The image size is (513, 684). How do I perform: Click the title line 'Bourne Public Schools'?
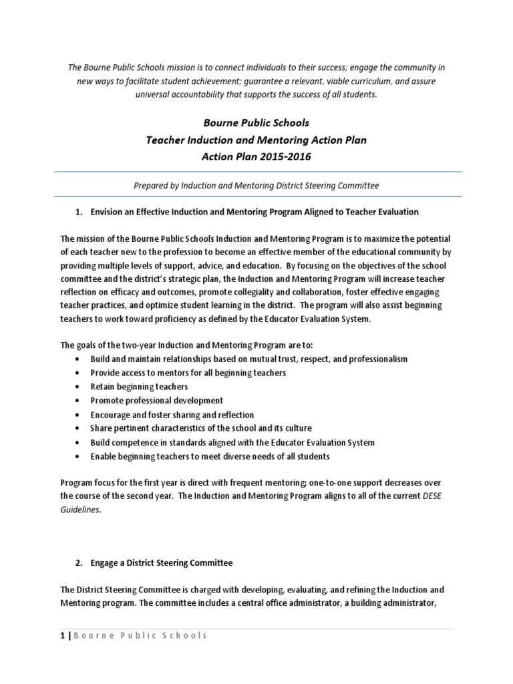pyautogui.click(x=256, y=124)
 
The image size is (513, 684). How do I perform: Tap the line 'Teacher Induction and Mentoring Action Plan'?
pyautogui.click(x=256, y=140)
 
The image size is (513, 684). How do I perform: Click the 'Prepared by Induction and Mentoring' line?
pyautogui.click(x=256, y=184)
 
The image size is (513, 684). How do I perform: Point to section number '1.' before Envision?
pyautogui.click(x=78, y=212)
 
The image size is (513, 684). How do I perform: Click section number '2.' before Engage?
pyautogui.click(x=78, y=563)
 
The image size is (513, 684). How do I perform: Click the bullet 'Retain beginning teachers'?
pyautogui.click(x=139, y=387)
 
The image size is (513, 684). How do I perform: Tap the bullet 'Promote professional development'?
pyautogui.click(x=157, y=401)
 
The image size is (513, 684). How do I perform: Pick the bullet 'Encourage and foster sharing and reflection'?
pyautogui.click(x=172, y=415)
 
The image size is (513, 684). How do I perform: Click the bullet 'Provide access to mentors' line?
pyautogui.click(x=188, y=373)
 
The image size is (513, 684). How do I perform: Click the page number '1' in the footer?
pyautogui.click(x=63, y=635)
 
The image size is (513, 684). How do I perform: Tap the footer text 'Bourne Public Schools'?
pyautogui.click(x=141, y=635)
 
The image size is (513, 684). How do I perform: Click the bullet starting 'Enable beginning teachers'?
pyautogui.click(x=210, y=456)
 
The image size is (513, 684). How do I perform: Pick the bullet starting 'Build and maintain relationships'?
pyautogui.click(x=248, y=359)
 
